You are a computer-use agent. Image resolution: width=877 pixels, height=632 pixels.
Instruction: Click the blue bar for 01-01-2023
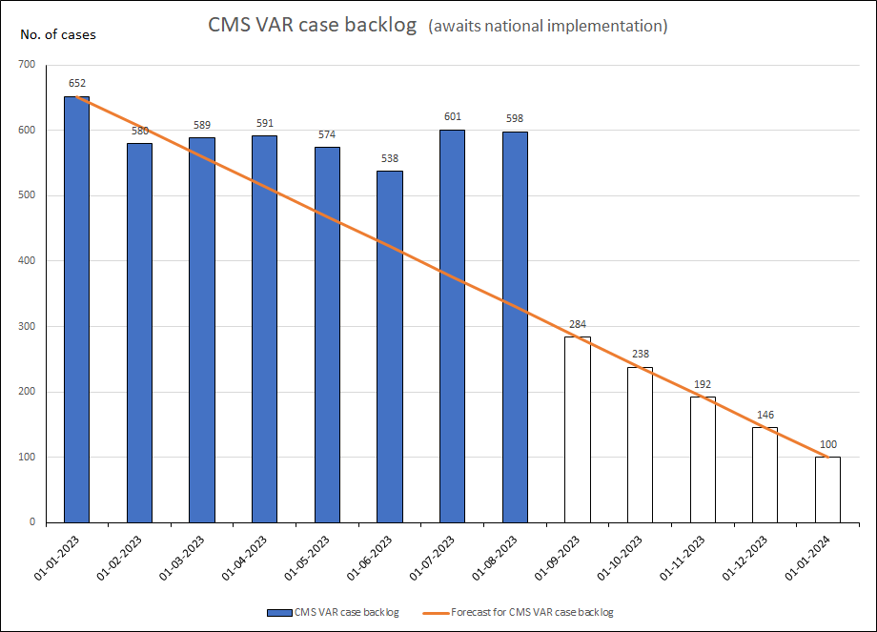[x=76, y=309]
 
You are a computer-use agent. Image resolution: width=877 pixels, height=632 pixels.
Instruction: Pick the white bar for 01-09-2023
[x=578, y=429]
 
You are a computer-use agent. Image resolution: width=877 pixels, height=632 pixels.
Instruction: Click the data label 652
[x=76, y=83]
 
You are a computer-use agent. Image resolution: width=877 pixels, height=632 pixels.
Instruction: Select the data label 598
[x=515, y=118]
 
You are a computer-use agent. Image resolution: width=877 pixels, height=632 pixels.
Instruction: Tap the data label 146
[x=765, y=415]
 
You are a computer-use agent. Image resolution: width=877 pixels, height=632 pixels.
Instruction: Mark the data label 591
[x=264, y=123]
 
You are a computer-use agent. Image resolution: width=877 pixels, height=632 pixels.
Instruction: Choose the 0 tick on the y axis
[x=34, y=522]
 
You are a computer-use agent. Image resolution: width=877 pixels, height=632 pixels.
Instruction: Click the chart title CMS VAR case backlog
[x=313, y=26]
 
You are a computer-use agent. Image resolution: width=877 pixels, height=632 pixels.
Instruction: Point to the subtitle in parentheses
[x=548, y=26]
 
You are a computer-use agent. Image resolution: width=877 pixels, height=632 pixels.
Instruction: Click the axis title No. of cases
[x=58, y=35]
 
